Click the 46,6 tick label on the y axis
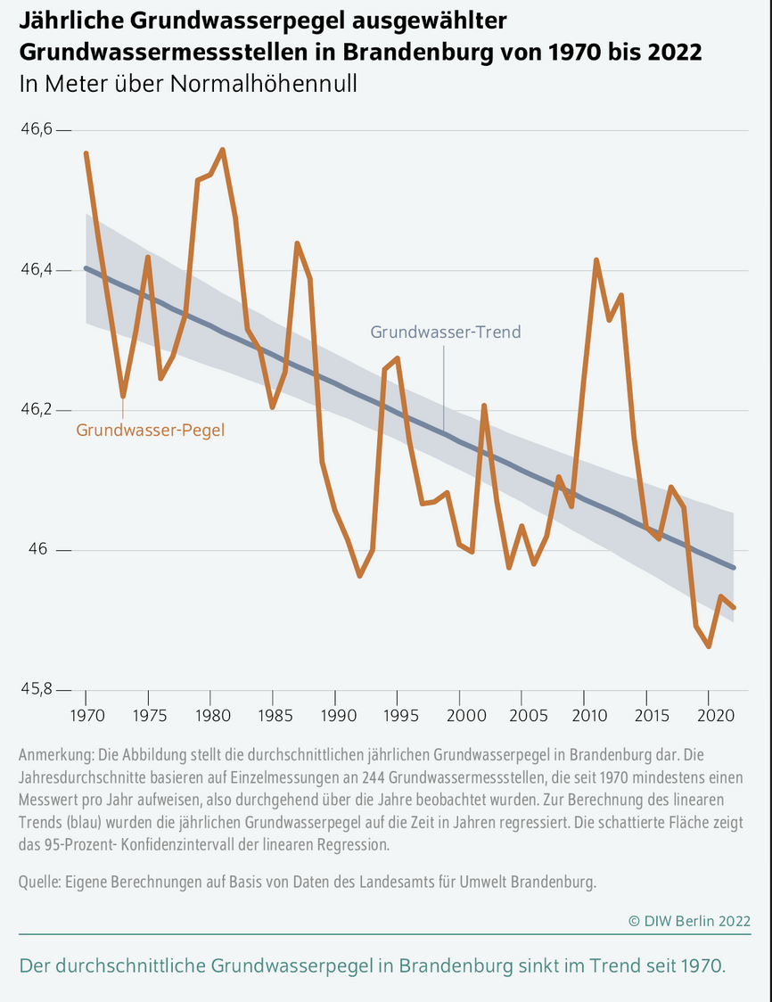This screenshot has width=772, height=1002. click(37, 130)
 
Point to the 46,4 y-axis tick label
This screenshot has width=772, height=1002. click(37, 270)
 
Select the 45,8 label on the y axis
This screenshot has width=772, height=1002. click(37, 690)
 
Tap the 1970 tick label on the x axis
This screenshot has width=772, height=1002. click(86, 716)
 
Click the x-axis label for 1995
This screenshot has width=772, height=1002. click(397, 716)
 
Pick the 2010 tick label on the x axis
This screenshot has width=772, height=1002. click(584, 716)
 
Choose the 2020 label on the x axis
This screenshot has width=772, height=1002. click(708, 716)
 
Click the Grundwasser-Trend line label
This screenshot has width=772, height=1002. click(445, 333)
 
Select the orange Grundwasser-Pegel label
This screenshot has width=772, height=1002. click(150, 430)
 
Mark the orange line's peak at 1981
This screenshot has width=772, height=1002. click(223, 150)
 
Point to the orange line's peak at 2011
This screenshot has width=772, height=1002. click(595, 260)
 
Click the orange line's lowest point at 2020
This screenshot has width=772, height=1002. click(708, 646)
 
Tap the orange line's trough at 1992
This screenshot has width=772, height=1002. click(359, 576)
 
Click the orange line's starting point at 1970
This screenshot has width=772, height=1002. click(86, 153)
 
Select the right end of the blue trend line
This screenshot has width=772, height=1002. click(733, 567)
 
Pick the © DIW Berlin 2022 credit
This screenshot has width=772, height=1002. click(689, 920)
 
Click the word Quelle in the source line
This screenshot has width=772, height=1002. click(40, 883)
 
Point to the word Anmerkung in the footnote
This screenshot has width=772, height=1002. click(54, 752)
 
